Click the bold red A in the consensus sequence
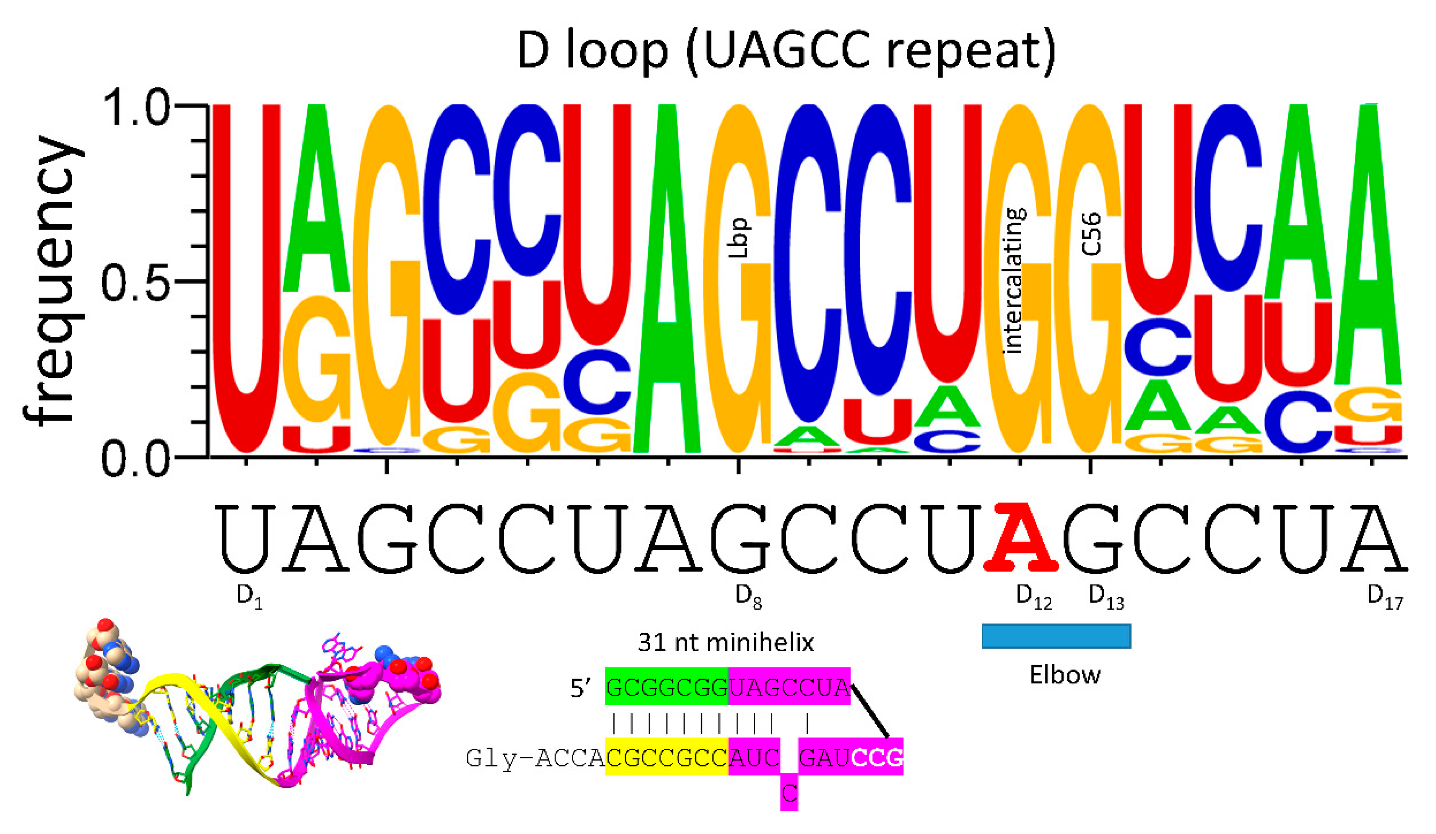tap(1021, 538)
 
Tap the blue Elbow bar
tap(1056, 636)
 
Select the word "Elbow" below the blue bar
tap(1064, 675)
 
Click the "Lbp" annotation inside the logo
tap(740, 238)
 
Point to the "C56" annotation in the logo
tap(1091, 234)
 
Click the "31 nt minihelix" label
tap(725, 643)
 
